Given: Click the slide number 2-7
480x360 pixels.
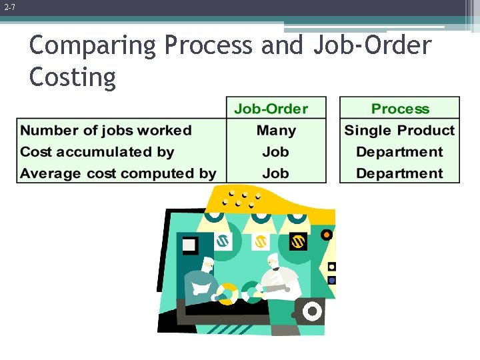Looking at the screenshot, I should [x=9, y=8].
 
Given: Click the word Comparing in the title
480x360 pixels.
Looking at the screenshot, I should [x=94, y=46].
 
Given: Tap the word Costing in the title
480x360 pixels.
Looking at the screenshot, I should [x=73, y=77].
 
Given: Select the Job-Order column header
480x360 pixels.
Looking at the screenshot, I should [x=276, y=109].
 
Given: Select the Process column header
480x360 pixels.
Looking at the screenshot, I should [x=400, y=109].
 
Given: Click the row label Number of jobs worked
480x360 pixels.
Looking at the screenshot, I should [x=106, y=131].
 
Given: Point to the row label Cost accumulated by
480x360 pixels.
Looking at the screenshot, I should [x=97, y=152].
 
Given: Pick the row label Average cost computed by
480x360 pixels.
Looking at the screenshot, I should [x=118, y=173].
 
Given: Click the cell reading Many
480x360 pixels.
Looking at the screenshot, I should [x=276, y=131].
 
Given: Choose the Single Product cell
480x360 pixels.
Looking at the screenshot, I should [x=399, y=131].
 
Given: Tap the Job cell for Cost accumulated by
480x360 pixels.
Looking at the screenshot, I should [x=276, y=152].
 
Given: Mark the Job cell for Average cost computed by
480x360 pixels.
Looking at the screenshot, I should [x=276, y=173].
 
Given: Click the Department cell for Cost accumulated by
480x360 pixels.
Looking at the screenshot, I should [x=399, y=152].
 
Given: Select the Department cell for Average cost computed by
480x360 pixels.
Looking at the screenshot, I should [x=399, y=173].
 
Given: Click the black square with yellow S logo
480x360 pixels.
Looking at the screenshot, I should [x=298, y=241].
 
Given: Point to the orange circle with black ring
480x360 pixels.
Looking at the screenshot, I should [x=326, y=235].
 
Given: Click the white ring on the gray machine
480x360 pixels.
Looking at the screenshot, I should [x=311, y=311].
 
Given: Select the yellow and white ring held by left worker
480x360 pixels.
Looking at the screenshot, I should [x=227, y=293].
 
